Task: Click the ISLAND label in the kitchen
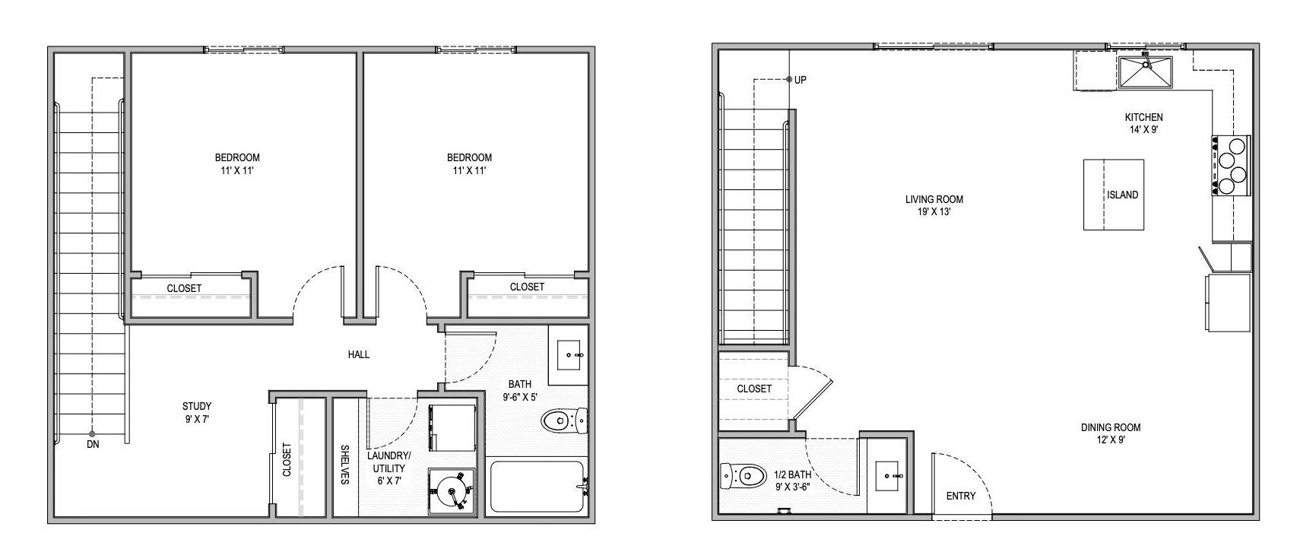pos(1122,195)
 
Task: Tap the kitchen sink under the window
pos(1145,72)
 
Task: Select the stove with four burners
pos(1232,165)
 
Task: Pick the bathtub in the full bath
pos(536,486)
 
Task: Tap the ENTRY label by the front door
pos(960,496)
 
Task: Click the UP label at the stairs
pos(801,80)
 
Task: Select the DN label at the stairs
pos(93,444)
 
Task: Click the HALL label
pos(359,354)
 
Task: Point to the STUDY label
pos(197,406)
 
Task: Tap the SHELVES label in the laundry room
pos(344,465)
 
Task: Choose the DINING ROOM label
pos(1111,427)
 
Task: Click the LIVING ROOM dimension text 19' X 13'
pos(934,212)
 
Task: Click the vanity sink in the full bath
pos(570,354)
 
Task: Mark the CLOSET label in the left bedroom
pos(184,288)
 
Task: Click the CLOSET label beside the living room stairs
pos(754,389)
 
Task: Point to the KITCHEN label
pos(1143,117)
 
